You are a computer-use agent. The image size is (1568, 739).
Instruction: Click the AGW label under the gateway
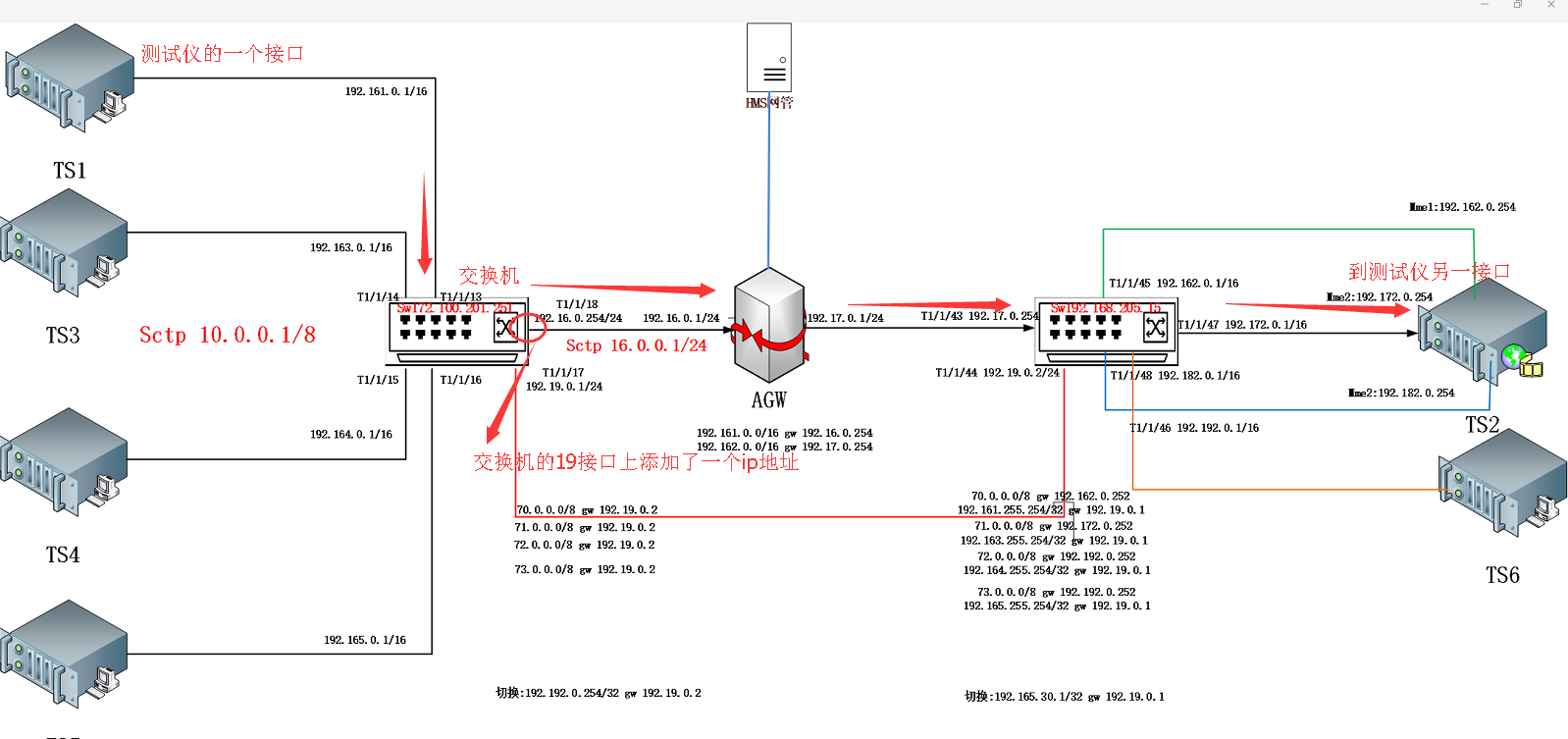point(768,400)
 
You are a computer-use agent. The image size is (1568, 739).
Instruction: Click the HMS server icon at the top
point(768,58)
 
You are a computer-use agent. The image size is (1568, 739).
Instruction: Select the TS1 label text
point(69,171)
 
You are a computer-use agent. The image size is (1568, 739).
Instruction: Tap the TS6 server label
point(1501,576)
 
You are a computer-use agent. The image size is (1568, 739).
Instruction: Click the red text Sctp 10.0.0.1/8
point(227,336)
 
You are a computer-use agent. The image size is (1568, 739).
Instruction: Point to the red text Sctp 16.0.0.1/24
point(636,345)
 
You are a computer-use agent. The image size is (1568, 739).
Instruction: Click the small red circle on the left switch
point(528,327)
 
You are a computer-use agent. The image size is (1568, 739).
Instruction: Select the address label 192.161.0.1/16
point(386,91)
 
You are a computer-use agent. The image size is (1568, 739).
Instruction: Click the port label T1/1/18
point(577,304)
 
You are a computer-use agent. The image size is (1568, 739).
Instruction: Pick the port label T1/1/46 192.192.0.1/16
point(1193,428)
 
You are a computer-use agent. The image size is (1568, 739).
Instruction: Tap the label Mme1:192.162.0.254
point(1462,207)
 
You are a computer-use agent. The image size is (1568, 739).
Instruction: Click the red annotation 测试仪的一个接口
point(222,54)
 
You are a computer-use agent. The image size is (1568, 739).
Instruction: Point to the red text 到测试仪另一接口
point(1429,272)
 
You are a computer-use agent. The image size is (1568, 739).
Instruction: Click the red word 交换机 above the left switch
point(489,276)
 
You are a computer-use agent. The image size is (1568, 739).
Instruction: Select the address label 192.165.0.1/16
point(365,640)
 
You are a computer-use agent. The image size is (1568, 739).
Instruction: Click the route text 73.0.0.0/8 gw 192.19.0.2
point(585,569)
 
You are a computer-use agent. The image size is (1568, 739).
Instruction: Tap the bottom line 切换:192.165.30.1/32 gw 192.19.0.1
point(1064,697)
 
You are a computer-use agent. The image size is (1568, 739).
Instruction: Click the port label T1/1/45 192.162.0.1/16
point(1174,284)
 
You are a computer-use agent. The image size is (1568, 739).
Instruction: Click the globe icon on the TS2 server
point(1514,355)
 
